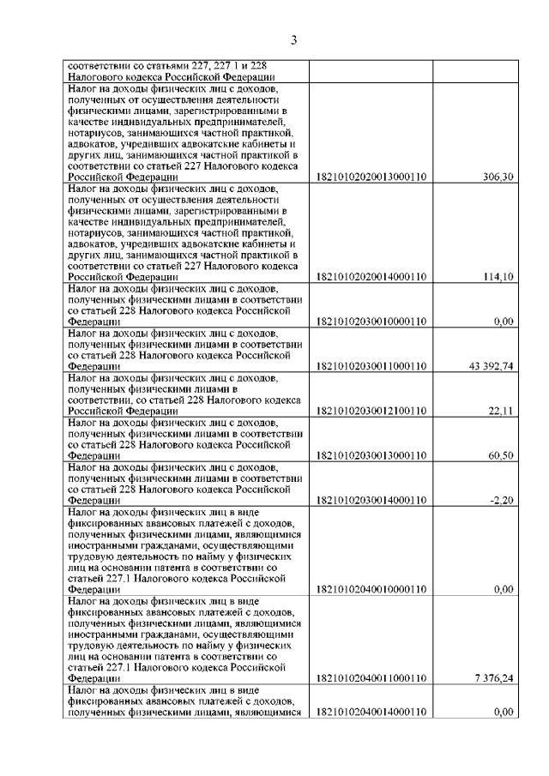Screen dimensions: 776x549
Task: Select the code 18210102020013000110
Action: click(371, 177)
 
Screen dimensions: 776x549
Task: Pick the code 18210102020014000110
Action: click(371, 277)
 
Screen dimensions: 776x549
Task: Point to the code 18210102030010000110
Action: click(371, 322)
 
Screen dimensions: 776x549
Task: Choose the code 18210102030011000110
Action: click(371, 366)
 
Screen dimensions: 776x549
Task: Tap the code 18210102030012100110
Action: click(371, 411)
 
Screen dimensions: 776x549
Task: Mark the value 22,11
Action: click(500, 411)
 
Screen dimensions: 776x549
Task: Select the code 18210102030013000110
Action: click(371, 455)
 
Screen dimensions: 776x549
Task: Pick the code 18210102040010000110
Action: click(371, 589)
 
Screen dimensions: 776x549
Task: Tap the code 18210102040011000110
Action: click(371, 678)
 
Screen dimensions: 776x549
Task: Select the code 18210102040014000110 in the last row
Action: click(371, 712)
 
